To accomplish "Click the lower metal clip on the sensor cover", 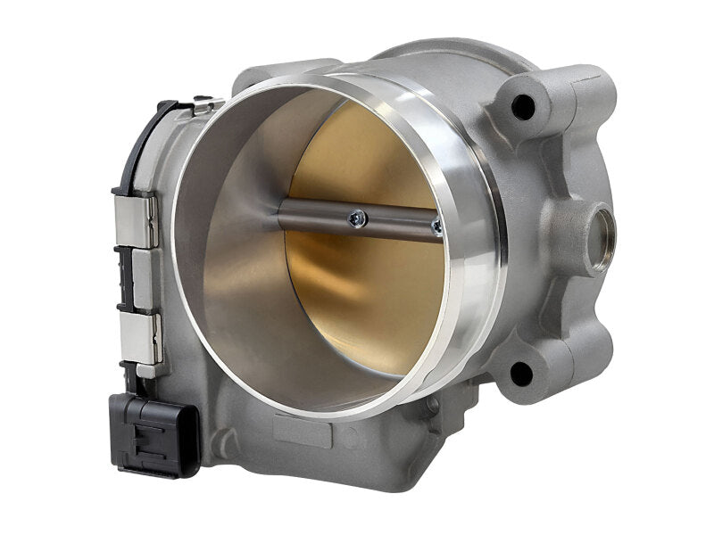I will (141, 340).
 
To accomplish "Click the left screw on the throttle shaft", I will (357, 216).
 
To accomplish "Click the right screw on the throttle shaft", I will (436, 227).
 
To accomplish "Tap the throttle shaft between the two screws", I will (397, 221).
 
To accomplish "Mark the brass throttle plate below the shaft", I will (366, 303).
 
